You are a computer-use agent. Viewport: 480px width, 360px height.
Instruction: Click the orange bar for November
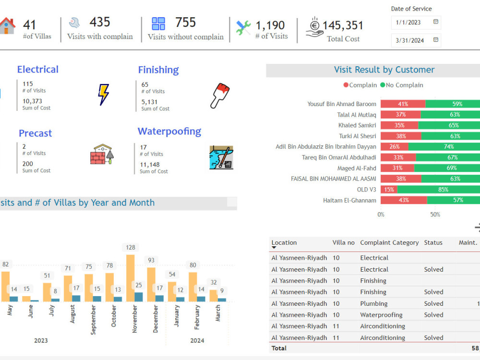pos(130,278)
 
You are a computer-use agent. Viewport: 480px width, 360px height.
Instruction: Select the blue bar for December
pos(159,298)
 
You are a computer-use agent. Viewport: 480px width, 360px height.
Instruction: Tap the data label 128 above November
pos(130,247)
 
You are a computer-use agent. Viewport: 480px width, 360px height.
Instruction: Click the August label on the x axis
pos(72,314)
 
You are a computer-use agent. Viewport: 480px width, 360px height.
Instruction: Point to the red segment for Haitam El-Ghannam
pos(404,200)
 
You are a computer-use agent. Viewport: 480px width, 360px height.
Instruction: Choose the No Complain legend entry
pos(402,85)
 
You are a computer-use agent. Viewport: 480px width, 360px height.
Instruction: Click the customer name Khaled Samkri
pos(357,125)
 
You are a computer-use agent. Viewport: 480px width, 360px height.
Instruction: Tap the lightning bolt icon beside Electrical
pos(103,95)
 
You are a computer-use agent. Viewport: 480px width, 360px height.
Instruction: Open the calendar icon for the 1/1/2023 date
pos(435,22)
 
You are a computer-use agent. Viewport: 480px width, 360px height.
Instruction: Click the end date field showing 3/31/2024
pos(410,40)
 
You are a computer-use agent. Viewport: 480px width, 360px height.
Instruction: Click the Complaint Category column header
pos(389,243)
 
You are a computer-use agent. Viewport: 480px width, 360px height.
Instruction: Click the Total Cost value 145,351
pos(343,25)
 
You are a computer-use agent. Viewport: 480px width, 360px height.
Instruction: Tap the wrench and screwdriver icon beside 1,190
pos(243,28)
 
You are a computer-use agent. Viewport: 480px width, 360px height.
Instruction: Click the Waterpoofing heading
pos(169,132)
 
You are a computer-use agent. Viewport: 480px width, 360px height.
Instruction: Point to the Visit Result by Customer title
pos(384,70)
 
